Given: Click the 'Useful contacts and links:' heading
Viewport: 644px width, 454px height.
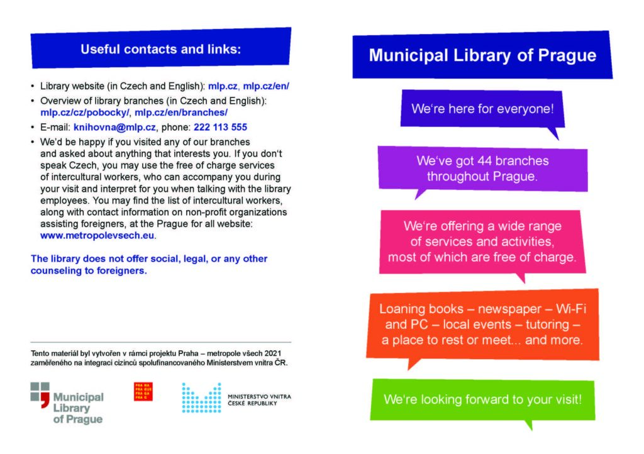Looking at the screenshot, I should point(160,49).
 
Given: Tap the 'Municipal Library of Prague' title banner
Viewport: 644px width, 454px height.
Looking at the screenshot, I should point(482,55).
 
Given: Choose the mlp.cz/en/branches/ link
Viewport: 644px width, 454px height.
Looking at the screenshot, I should point(181,113).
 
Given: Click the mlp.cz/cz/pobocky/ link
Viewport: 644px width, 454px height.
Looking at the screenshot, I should point(85,113).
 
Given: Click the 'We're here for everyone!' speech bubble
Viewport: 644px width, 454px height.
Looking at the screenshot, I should point(482,109).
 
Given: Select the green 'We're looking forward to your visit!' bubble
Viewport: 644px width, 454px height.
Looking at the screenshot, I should point(483,399).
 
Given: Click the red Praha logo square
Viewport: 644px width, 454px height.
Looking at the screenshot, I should point(143,391).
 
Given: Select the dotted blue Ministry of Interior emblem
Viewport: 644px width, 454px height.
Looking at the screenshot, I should point(201,397).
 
